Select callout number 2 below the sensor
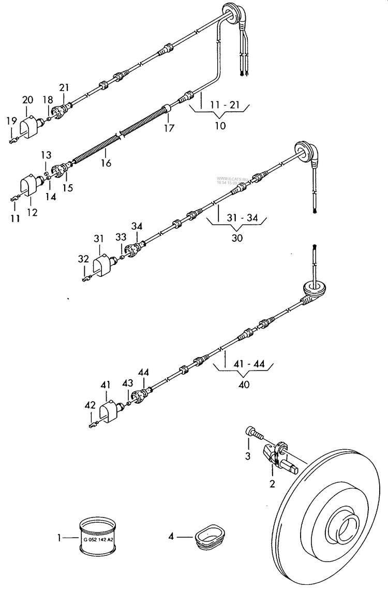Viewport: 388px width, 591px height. pyautogui.click(x=272, y=484)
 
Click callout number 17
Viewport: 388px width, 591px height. pyautogui.click(x=169, y=128)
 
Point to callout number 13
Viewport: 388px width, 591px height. pyautogui.click(x=47, y=155)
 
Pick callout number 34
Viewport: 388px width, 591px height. pyautogui.click(x=137, y=226)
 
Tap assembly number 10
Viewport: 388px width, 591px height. pyautogui.click(x=220, y=126)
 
